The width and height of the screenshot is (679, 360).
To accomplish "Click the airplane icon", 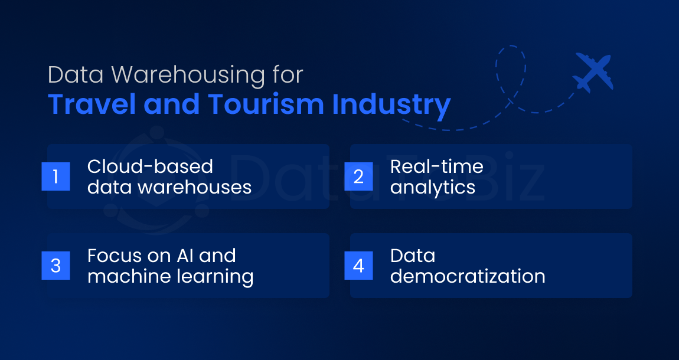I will [x=592, y=73].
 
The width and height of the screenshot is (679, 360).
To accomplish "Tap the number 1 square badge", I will [x=56, y=176].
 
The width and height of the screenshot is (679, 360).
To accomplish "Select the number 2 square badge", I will [x=358, y=176].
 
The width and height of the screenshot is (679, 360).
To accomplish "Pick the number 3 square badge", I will [x=56, y=266].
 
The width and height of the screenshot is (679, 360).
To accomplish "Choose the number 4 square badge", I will [x=358, y=266].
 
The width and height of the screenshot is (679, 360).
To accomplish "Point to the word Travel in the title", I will [x=92, y=104].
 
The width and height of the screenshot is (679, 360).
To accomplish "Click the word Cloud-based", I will [x=150, y=166].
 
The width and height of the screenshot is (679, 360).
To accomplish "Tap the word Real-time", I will [x=436, y=166].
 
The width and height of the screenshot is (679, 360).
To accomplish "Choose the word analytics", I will [x=433, y=187].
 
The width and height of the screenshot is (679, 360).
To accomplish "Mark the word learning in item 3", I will [x=212, y=277].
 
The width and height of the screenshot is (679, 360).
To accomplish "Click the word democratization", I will [x=468, y=276].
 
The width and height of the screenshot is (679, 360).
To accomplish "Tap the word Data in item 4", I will [x=413, y=256].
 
